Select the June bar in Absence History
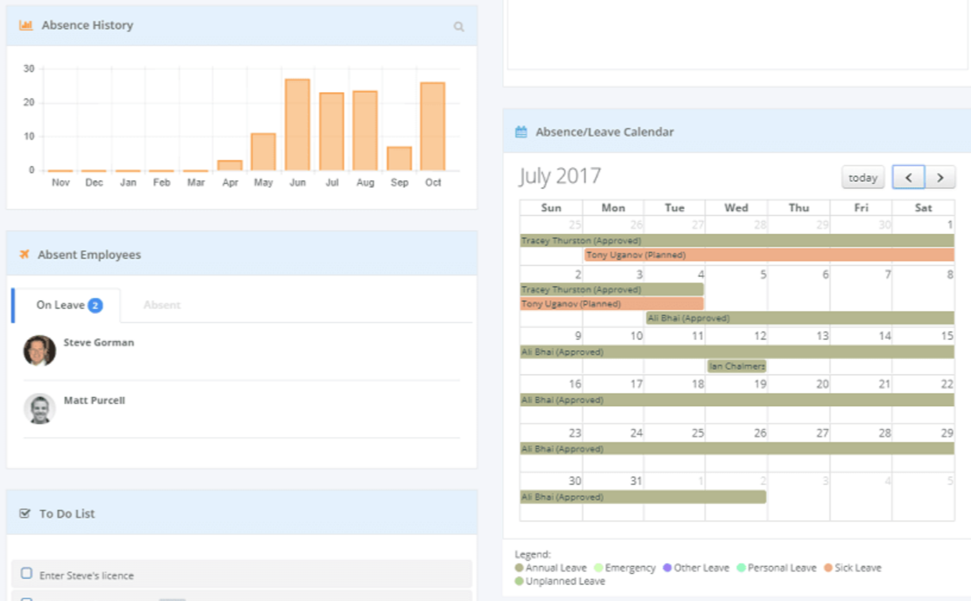[297, 124]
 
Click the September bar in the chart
[399, 159]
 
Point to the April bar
[230, 165]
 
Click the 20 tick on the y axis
[29, 102]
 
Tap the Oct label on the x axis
[433, 182]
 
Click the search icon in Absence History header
[458, 26]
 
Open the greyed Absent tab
[162, 305]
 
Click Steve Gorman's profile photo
[40, 350]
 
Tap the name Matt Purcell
[94, 400]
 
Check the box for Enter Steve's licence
[26, 573]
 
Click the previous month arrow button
[908, 178]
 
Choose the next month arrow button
[940, 178]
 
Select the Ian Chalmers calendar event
[737, 366]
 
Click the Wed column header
[736, 208]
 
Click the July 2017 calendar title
[560, 176]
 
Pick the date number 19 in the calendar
[759, 384]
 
